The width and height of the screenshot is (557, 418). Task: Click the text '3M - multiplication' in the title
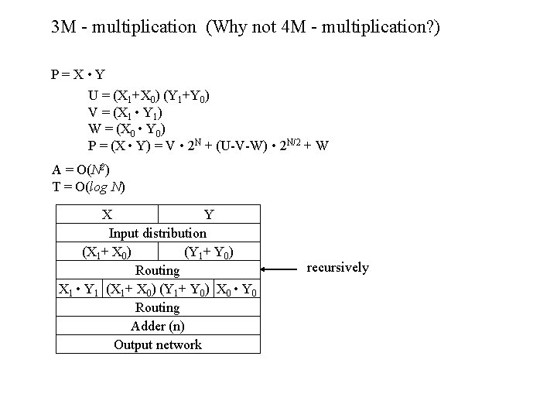pyautogui.click(x=124, y=28)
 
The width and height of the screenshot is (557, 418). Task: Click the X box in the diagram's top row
pyautogui.click(x=108, y=214)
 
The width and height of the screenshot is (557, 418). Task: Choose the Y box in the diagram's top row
pyautogui.click(x=209, y=214)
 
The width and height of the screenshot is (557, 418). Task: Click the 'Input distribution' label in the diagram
pyautogui.click(x=158, y=232)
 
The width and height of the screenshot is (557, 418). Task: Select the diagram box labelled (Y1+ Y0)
pyautogui.click(x=210, y=252)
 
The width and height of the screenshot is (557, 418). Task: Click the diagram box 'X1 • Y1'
pyautogui.click(x=80, y=290)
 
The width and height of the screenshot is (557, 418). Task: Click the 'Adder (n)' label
pyautogui.click(x=158, y=326)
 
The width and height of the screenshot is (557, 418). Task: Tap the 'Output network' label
pyautogui.click(x=158, y=344)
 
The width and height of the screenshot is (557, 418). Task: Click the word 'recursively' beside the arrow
pyautogui.click(x=338, y=268)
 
